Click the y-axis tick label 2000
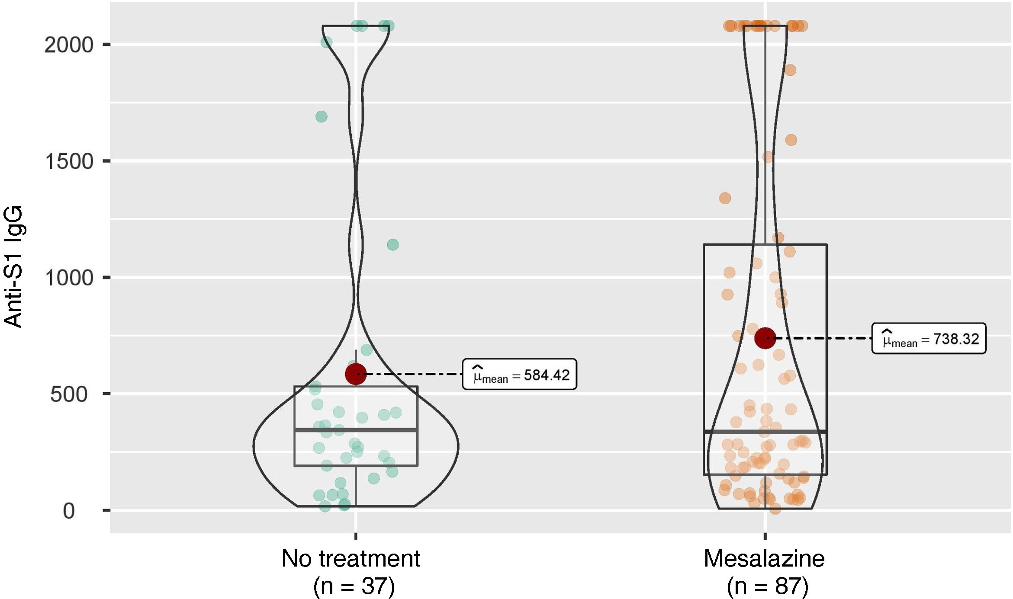point(68,45)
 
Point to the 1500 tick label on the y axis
point(68,162)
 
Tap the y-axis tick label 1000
point(68,278)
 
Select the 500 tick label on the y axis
point(68,394)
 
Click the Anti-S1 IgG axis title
point(13,266)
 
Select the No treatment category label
point(351,558)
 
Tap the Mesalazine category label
point(764,558)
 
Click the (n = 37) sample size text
point(354,586)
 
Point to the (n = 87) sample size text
point(767,586)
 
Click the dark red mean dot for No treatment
point(356,374)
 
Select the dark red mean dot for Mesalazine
point(765,338)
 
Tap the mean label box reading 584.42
point(519,375)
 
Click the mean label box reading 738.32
point(929,339)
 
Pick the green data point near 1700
point(321,117)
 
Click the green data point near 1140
point(392,245)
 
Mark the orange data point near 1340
point(725,198)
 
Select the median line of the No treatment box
point(356,430)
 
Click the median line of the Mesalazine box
point(765,432)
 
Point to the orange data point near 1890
point(790,70)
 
